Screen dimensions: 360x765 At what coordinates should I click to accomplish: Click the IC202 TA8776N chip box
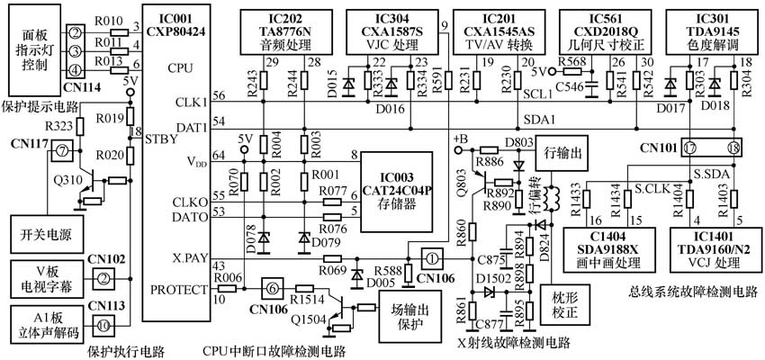pyautogui.click(x=274, y=31)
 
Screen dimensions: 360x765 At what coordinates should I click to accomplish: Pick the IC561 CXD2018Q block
pyautogui.click(x=602, y=31)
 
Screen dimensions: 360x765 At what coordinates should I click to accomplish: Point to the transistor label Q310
pyautogui.click(x=68, y=178)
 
